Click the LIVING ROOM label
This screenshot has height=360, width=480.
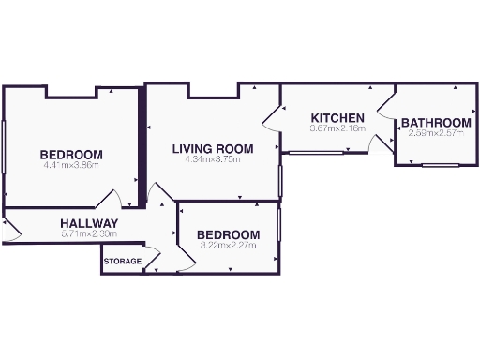coord(212,148)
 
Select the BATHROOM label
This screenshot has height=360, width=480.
coord(436,123)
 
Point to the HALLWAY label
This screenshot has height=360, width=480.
coord(88,222)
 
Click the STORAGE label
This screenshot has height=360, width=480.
coord(122,261)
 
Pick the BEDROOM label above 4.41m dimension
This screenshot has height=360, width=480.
coord(71,155)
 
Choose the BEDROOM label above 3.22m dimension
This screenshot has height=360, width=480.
coord(228,234)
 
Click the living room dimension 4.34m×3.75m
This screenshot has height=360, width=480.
coord(212,159)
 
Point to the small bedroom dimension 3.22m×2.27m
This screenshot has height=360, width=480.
coord(228,246)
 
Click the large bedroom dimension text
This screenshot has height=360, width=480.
coord(71,166)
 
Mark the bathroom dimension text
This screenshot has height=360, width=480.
coord(436,133)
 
